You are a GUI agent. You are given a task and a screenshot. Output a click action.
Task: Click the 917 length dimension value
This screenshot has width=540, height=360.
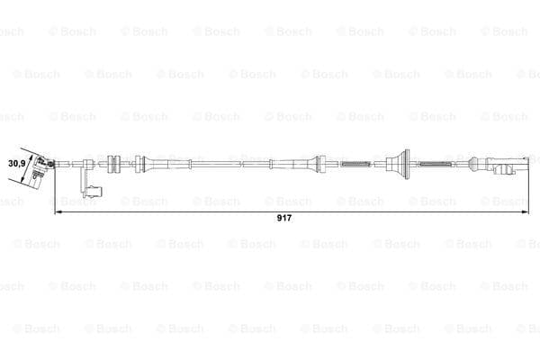(x=284, y=218)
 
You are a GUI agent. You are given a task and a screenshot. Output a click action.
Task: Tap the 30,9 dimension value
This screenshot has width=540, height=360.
(x=16, y=163)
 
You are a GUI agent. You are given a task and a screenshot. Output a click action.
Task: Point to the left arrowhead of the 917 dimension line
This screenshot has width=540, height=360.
(x=58, y=212)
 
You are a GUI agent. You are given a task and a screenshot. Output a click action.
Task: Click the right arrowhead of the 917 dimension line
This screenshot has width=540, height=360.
(x=526, y=212)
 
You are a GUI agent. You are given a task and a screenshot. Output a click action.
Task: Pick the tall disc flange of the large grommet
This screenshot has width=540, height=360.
(x=407, y=164)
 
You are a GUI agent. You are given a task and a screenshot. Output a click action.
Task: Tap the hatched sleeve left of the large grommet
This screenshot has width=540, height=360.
(x=355, y=164)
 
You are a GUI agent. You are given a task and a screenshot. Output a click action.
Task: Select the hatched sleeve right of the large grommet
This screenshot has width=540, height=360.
(x=435, y=164)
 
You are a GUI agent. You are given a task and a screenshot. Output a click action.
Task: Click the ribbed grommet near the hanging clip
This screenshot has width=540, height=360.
(x=113, y=164)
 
